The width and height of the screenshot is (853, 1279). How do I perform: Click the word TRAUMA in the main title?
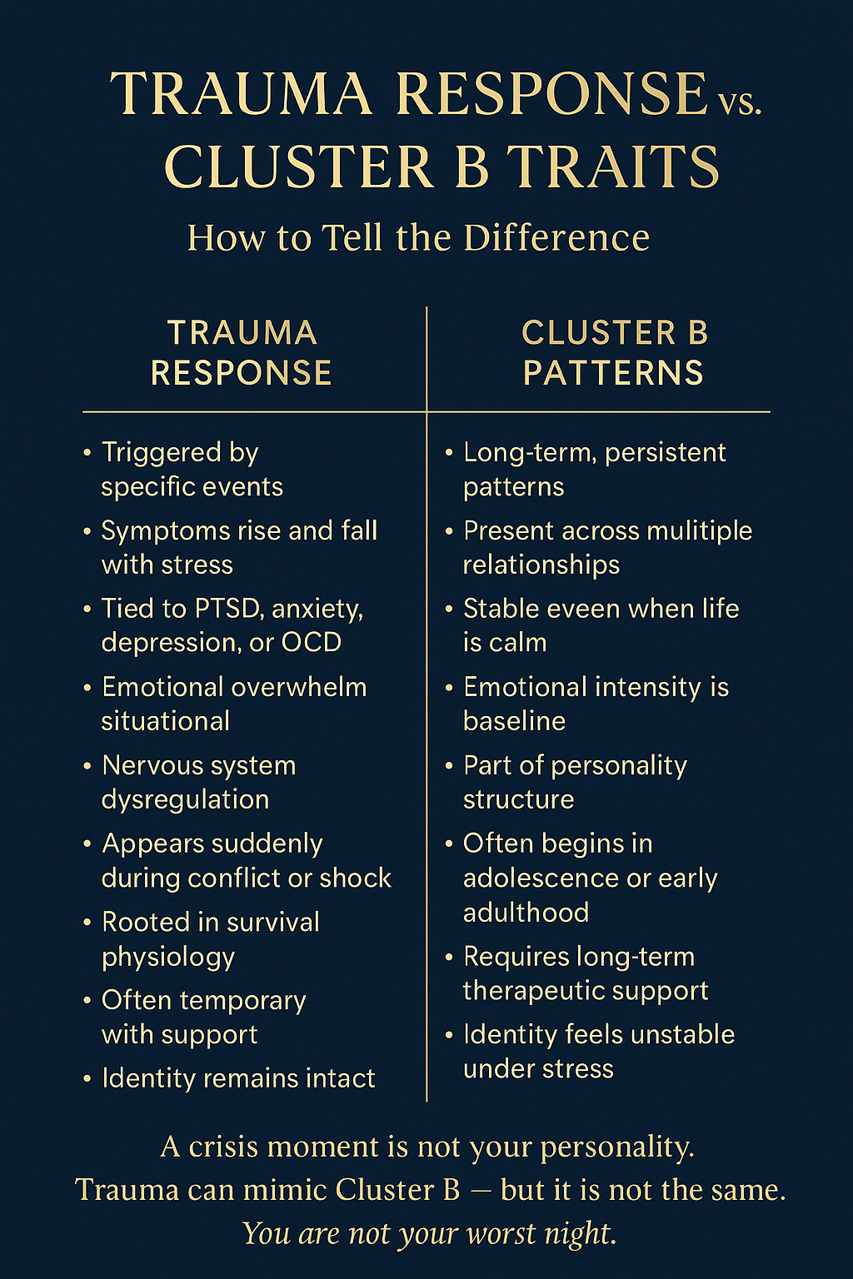242,94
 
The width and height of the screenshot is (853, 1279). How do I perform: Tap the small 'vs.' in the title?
738,102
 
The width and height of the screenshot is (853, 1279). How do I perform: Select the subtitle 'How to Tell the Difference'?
418,237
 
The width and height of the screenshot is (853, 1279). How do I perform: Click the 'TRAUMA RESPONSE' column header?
242,352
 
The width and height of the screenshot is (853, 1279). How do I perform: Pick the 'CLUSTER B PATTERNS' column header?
614,352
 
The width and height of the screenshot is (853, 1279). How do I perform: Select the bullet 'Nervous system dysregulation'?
198,782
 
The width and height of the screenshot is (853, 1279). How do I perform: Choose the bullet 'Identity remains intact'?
238,1078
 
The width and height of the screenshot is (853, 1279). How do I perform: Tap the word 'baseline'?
514,721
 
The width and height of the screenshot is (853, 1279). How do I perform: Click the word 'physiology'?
168,958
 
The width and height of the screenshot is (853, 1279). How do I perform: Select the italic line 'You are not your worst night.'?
429,1232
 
